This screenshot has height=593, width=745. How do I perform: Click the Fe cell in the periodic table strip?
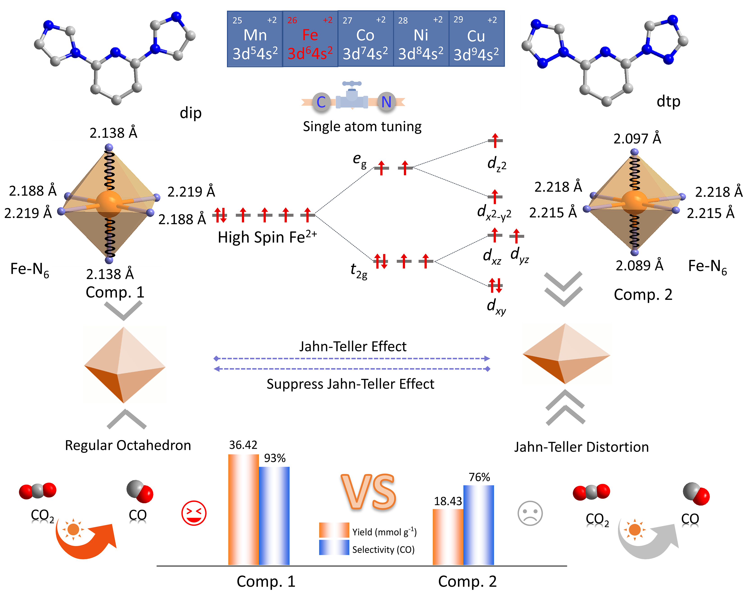310,39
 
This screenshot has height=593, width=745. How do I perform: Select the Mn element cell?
255,39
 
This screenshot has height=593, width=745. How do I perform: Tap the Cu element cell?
476,39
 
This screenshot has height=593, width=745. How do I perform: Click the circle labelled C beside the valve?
321,102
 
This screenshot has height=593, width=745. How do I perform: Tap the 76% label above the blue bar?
479,477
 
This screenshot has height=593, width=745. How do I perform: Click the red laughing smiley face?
194,513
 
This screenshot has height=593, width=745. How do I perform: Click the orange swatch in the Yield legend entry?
334,530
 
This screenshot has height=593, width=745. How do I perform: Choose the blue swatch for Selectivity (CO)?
334,548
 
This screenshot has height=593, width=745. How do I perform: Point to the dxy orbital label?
496,306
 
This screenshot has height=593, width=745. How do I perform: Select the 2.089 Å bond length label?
639,265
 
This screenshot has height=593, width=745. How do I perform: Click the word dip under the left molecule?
190,113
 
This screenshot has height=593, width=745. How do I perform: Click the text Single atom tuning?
362,126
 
